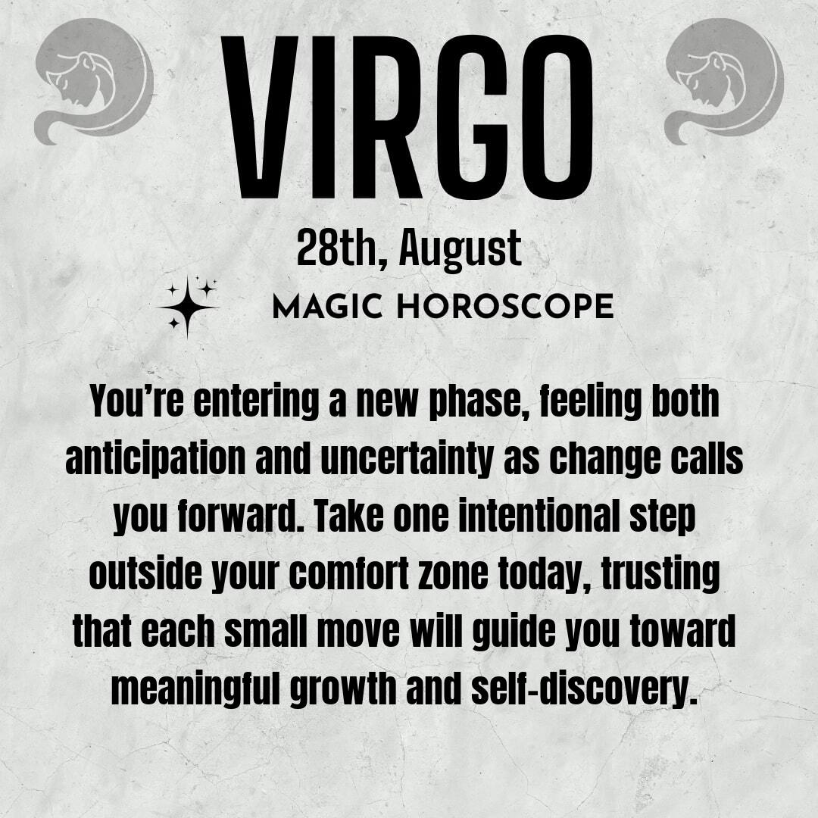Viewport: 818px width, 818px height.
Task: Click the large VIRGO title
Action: (407, 117)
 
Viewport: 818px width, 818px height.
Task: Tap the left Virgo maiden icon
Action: (94, 81)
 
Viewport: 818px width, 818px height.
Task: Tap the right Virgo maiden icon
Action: (724, 81)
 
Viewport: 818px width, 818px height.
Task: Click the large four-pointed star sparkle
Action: (187, 308)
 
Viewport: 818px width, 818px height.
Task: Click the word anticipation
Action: (155, 460)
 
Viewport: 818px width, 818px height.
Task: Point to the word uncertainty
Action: (407, 460)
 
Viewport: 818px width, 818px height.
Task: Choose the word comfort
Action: (348, 574)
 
